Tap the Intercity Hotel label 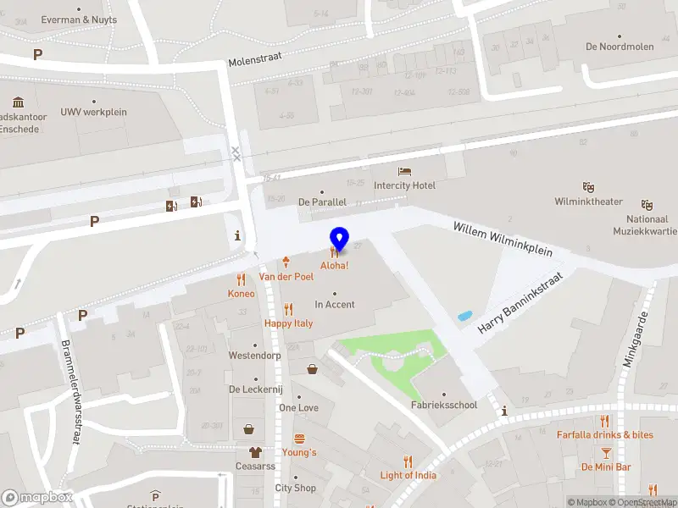click(x=404, y=185)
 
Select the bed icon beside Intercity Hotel click(x=404, y=172)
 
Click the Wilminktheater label click(x=588, y=202)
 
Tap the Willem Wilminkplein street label click(x=503, y=240)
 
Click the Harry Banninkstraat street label click(x=520, y=301)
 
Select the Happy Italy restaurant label click(x=288, y=323)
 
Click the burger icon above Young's click(x=299, y=439)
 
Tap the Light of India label click(x=408, y=475)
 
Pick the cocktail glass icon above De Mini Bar click(x=606, y=453)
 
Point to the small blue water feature click(x=464, y=316)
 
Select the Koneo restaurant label click(x=241, y=294)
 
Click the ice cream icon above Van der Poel click(x=286, y=262)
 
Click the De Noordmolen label click(x=619, y=47)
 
